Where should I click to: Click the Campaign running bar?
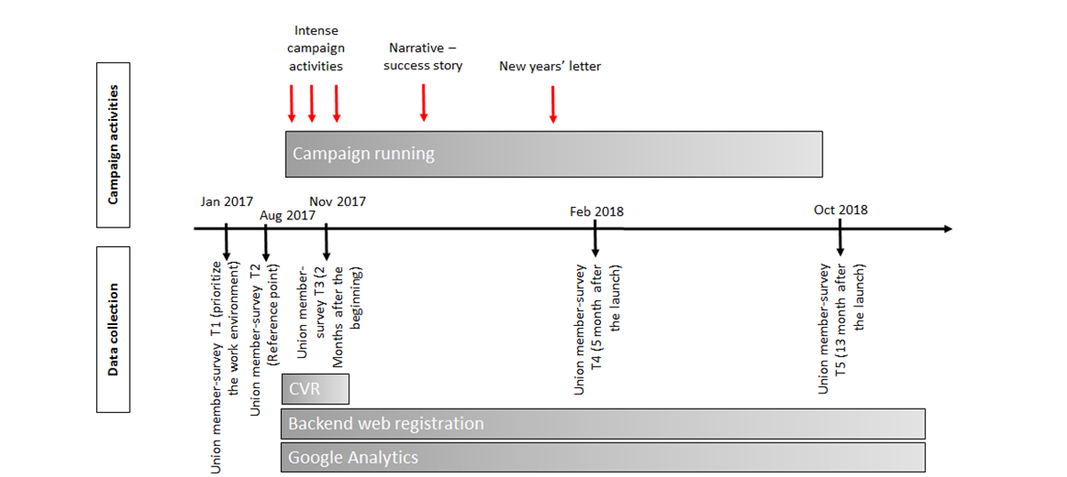coord(554,155)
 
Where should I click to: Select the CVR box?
coord(316,389)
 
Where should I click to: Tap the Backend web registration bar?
coord(603,424)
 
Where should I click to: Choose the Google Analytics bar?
coord(603,457)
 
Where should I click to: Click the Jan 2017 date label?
coord(227,202)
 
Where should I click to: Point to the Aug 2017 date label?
coord(287,216)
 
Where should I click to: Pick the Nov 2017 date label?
coord(338,202)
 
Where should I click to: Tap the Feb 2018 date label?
coord(597,211)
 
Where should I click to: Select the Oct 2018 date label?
coord(841,210)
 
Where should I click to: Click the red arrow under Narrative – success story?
coord(423,103)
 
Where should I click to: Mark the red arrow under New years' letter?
coord(552,105)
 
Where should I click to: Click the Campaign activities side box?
coord(114,145)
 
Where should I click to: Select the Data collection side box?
coord(114,330)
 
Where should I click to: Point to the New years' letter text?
coord(550,66)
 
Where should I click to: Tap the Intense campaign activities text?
coord(316,49)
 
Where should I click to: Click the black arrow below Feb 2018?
coord(595,238)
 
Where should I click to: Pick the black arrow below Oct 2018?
coord(839,237)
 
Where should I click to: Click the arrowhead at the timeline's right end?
coord(948,229)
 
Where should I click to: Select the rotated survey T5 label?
coord(841,329)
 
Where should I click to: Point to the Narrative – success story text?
coord(423,57)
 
